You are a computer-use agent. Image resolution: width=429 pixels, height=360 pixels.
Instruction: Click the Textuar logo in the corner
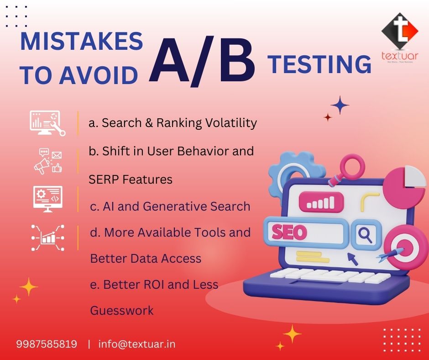click(400, 39)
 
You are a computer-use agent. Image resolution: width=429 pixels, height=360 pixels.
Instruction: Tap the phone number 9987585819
click(47, 344)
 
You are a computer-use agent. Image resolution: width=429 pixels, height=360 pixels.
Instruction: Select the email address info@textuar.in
click(137, 344)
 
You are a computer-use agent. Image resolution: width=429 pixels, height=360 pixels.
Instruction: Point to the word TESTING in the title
click(319, 64)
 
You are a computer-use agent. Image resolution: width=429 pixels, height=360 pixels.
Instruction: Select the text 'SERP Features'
click(131, 180)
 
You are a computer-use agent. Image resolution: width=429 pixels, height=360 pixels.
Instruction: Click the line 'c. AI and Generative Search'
click(170, 206)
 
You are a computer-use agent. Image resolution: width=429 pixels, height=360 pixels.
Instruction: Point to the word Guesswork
click(122, 311)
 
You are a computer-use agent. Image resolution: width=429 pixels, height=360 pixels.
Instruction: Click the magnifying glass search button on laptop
click(365, 235)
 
